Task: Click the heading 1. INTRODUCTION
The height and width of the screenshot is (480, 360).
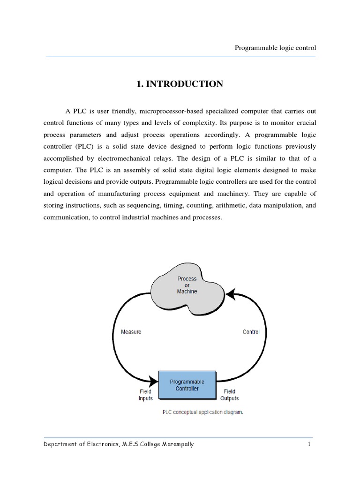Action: tap(180, 84)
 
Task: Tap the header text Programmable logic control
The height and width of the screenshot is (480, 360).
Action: tap(275, 48)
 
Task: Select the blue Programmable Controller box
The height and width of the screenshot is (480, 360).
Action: tap(187, 385)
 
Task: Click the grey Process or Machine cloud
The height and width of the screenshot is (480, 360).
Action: tap(187, 285)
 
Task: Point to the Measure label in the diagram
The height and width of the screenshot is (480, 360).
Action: tap(131, 332)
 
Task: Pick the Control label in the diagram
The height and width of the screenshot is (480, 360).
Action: tap(251, 332)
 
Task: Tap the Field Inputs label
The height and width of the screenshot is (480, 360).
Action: tap(145, 395)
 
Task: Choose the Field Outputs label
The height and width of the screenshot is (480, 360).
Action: tap(229, 395)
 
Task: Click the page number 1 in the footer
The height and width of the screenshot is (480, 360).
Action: tap(309, 444)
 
